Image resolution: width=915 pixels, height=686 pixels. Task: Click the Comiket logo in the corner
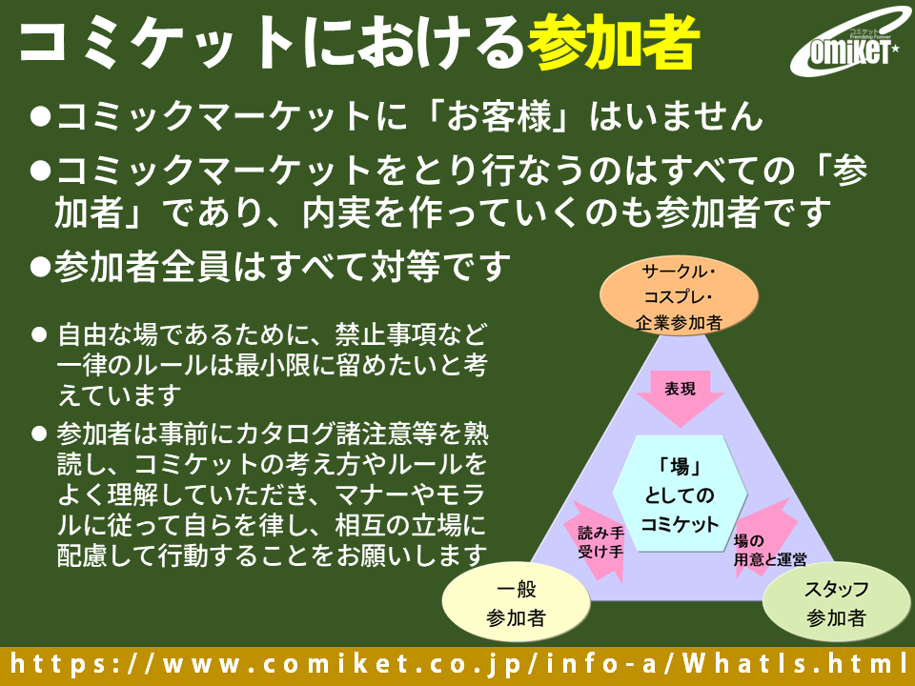pyautogui.click(x=845, y=45)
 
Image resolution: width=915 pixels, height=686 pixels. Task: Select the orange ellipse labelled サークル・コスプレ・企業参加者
pyautogui.click(x=679, y=296)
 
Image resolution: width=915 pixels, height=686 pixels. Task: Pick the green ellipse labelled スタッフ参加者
pyautogui.click(x=835, y=602)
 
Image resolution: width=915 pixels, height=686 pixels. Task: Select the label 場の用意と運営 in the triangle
pyautogui.click(x=770, y=551)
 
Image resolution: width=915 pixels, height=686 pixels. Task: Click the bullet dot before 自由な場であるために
pyautogui.click(x=39, y=335)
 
